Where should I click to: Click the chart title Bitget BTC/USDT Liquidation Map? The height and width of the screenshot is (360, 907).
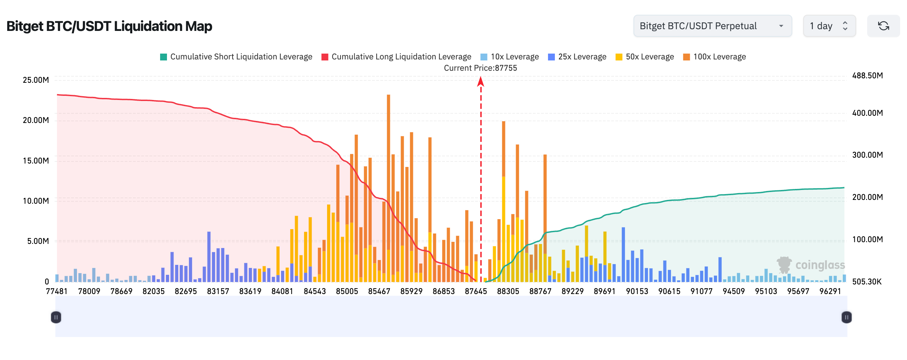click(109, 26)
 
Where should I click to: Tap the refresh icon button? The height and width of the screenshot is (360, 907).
click(883, 26)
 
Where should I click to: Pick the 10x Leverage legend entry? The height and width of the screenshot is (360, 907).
click(510, 57)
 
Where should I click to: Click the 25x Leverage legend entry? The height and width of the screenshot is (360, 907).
click(577, 57)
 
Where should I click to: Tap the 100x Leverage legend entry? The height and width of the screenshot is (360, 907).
click(714, 57)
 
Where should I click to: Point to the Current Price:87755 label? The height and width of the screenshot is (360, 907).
click(480, 68)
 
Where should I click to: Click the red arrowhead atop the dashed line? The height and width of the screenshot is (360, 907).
click(481, 82)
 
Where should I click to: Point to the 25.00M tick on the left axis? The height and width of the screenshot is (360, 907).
click(36, 80)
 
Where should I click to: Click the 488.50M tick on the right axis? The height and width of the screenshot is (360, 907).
click(867, 76)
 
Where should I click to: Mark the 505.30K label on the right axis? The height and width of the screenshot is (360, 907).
click(866, 282)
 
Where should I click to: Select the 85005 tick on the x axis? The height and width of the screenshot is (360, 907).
click(347, 291)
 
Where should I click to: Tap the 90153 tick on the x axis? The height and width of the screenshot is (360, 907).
click(637, 291)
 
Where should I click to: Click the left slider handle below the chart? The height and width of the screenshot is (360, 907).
click(56, 317)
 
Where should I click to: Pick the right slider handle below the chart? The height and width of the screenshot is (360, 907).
click(847, 317)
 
